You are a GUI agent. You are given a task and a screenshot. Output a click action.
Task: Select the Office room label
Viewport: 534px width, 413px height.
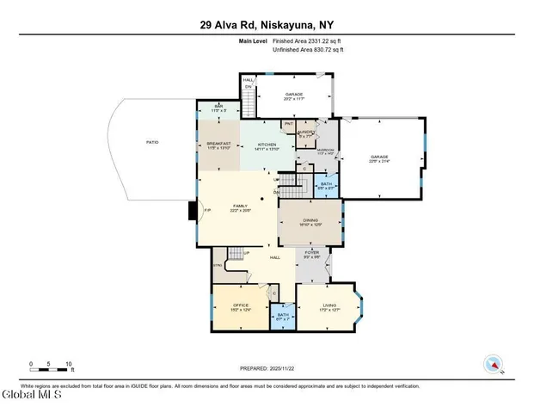(241, 306)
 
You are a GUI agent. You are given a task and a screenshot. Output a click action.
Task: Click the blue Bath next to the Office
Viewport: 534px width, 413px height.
(283, 317)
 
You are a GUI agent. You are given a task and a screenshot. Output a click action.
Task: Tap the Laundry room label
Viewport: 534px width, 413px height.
(307, 133)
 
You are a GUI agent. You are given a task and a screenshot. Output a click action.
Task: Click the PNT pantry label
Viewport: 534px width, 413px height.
(289, 124)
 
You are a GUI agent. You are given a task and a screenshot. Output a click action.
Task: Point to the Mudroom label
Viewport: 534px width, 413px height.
(326, 152)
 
